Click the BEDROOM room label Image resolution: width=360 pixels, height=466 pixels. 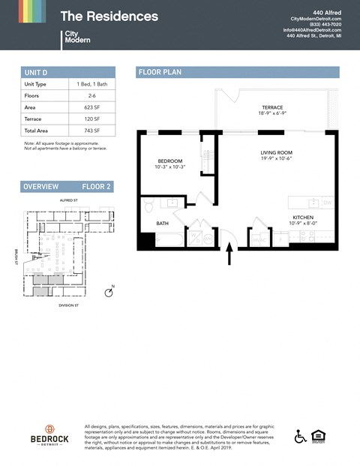tap(170, 161)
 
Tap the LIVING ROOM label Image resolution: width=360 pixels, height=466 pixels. tap(276, 152)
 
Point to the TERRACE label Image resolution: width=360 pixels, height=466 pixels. tap(272, 108)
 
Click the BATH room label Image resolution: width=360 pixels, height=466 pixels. tap(162, 223)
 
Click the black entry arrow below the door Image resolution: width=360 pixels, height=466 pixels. tap(229, 257)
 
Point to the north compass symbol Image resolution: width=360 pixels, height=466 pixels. tap(109, 292)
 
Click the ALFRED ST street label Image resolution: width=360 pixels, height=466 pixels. tap(69, 201)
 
